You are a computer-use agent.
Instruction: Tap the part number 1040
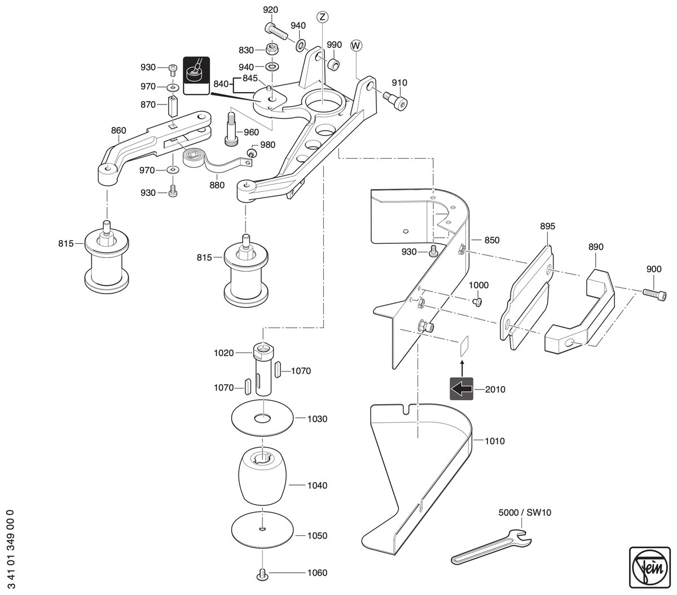pos(317,485)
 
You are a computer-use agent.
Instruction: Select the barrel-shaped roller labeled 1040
pos(263,475)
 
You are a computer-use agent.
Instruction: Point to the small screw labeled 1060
pos(262,574)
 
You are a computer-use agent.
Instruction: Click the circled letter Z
pos(322,17)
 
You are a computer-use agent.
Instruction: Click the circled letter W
pos(356,46)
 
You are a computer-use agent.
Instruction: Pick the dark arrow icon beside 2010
pos(461,388)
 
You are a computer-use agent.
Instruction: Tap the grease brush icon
pos(196,76)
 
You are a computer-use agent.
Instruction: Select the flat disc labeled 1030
pos(263,418)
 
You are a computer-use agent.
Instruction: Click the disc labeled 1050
pos(263,529)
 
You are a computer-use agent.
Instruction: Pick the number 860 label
pos(118,130)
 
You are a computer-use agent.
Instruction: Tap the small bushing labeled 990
pos(333,64)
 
